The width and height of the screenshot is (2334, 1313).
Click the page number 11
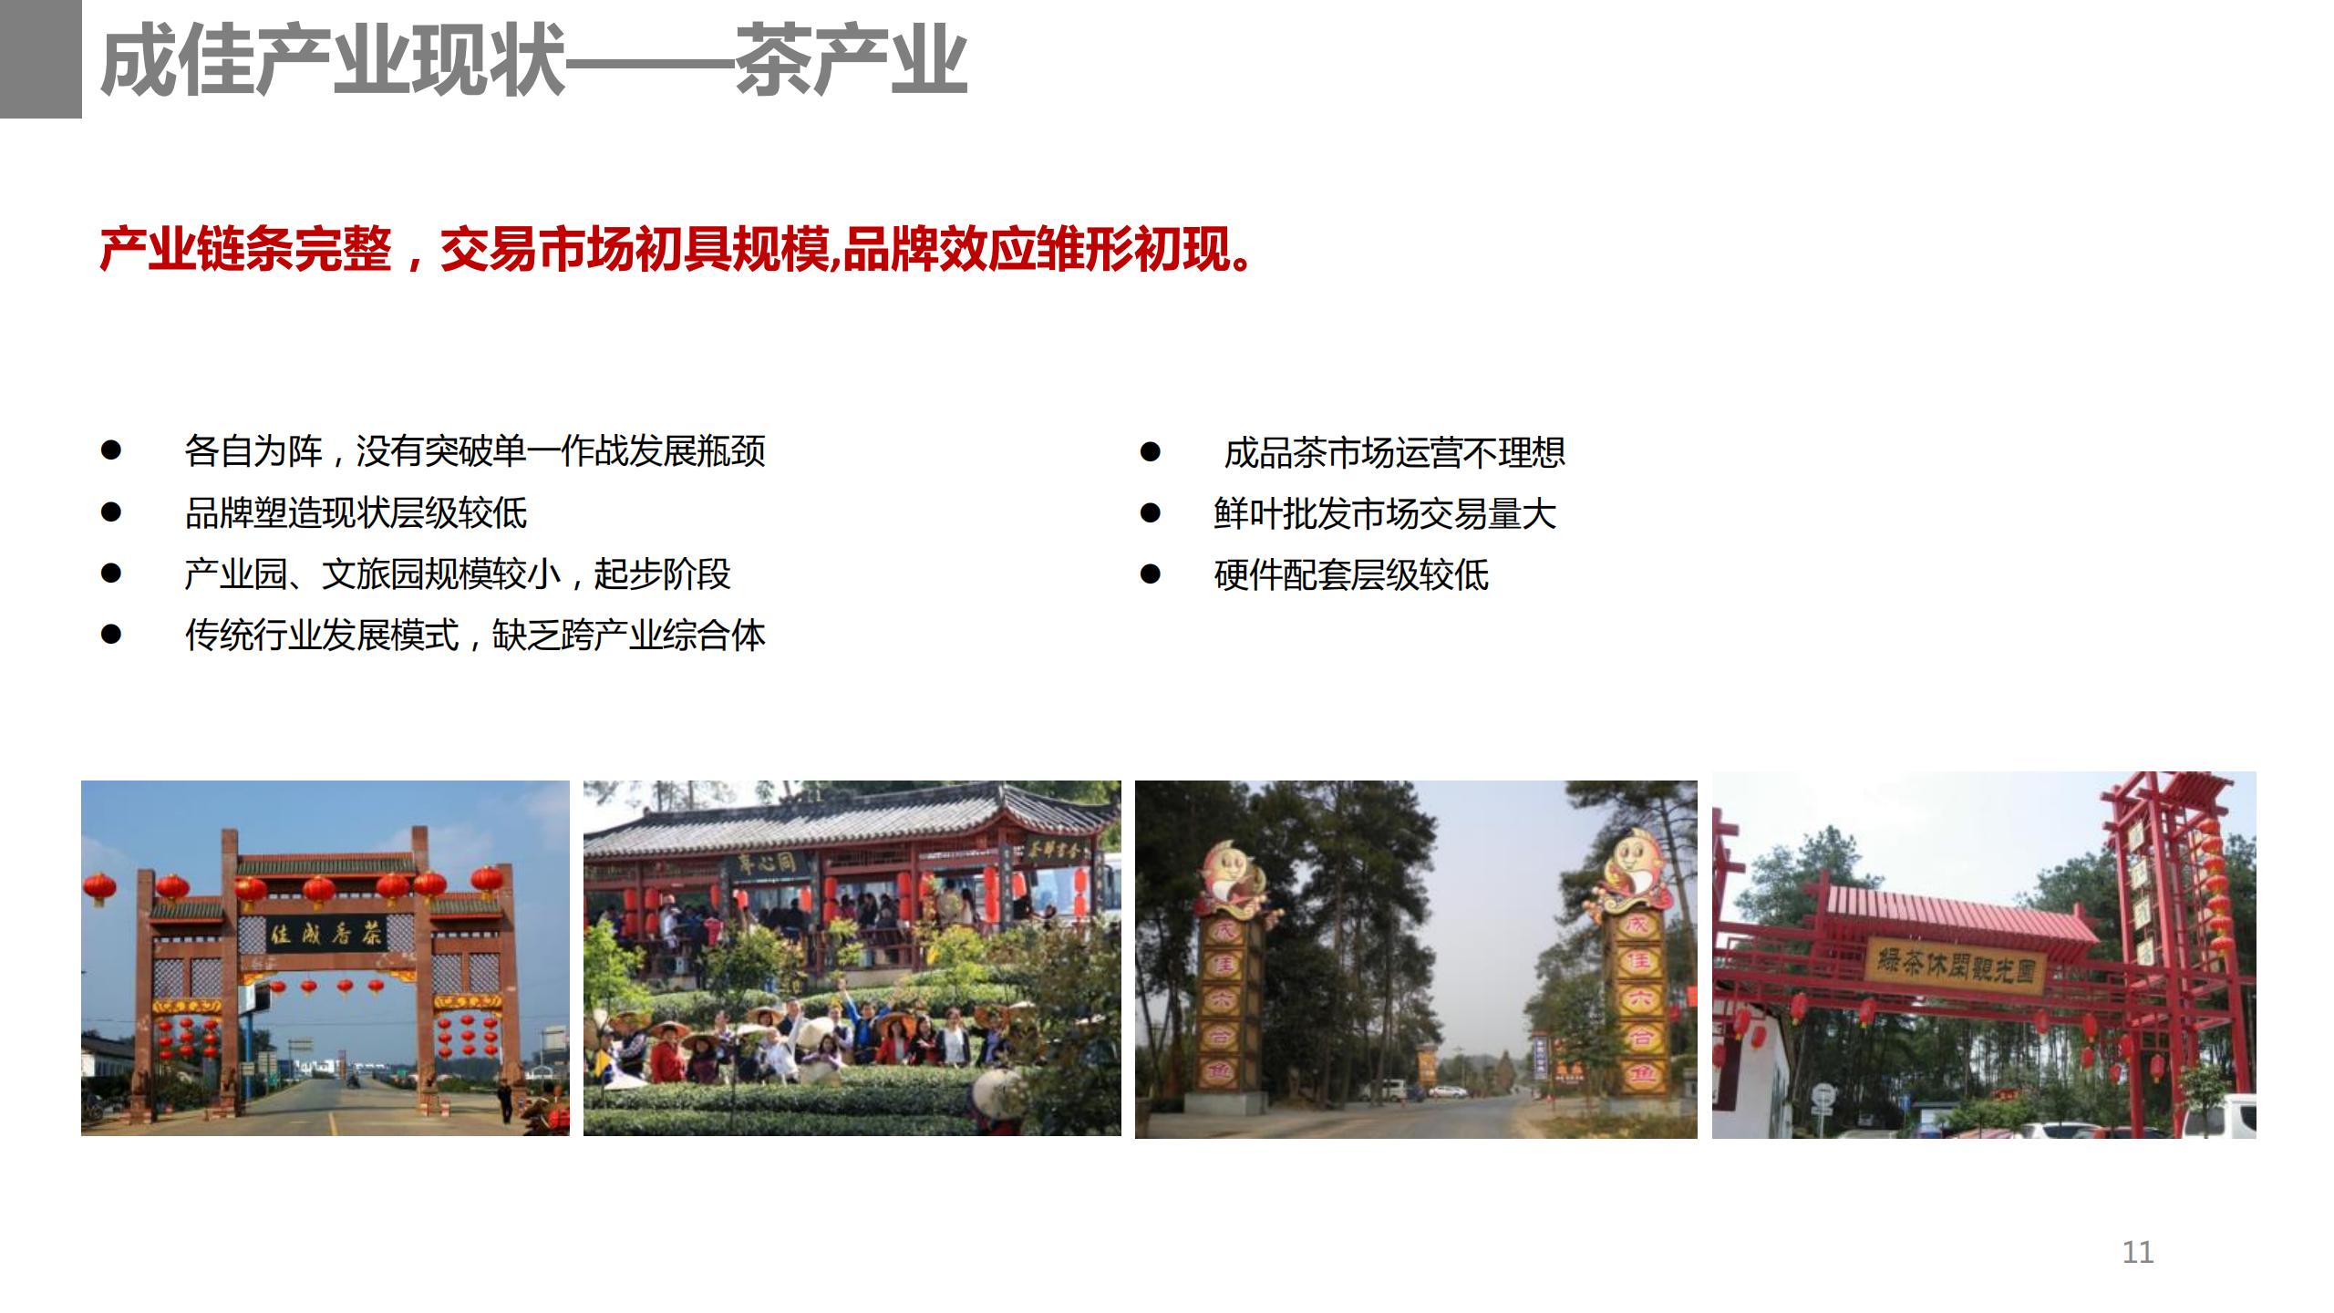[2137, 1252]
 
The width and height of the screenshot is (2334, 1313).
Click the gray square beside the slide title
[40, 58]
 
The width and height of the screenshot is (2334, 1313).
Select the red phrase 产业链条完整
[245, 249]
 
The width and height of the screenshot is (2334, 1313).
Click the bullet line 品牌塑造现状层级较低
[356, 513]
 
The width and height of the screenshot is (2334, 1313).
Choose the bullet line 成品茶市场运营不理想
[1394, 453]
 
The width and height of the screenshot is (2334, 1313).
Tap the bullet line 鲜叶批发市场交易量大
[1384, 514]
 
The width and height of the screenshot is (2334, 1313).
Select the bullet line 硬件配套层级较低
[1351, 575]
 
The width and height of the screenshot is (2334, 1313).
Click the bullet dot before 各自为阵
[111, 450]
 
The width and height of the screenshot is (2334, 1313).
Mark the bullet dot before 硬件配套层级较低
[1151, 574]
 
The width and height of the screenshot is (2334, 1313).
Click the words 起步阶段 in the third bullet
[662, 574]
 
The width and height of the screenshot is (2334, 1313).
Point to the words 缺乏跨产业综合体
[628, 636]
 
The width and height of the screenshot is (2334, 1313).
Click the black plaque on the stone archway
[326, 932]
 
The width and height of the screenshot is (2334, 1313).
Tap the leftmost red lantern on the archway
[99, 887]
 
